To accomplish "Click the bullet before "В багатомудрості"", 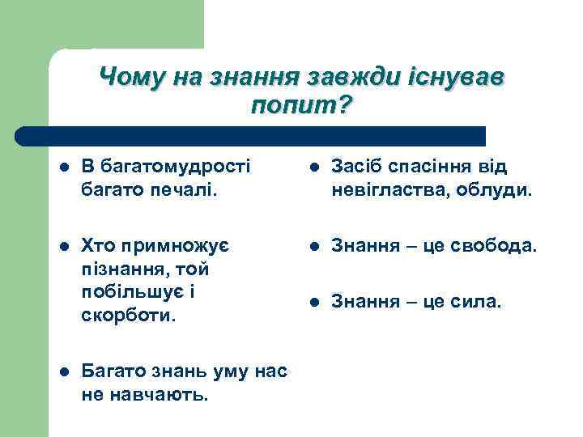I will pyautogui.click(x=64, y=168).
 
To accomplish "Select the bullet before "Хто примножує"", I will pyautogui.click(x=64, y=244).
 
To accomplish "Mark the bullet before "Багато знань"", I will pyautogui.click(x=64, y=372).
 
